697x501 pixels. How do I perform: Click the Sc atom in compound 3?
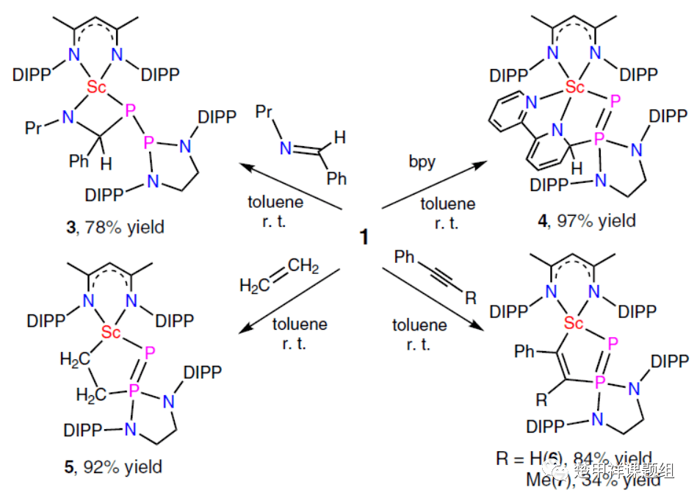[97, 87]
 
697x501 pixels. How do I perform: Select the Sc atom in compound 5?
[112, 333]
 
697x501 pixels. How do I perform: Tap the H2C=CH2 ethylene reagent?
[278, 278]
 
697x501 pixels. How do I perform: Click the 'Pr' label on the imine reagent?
[266, 111]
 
